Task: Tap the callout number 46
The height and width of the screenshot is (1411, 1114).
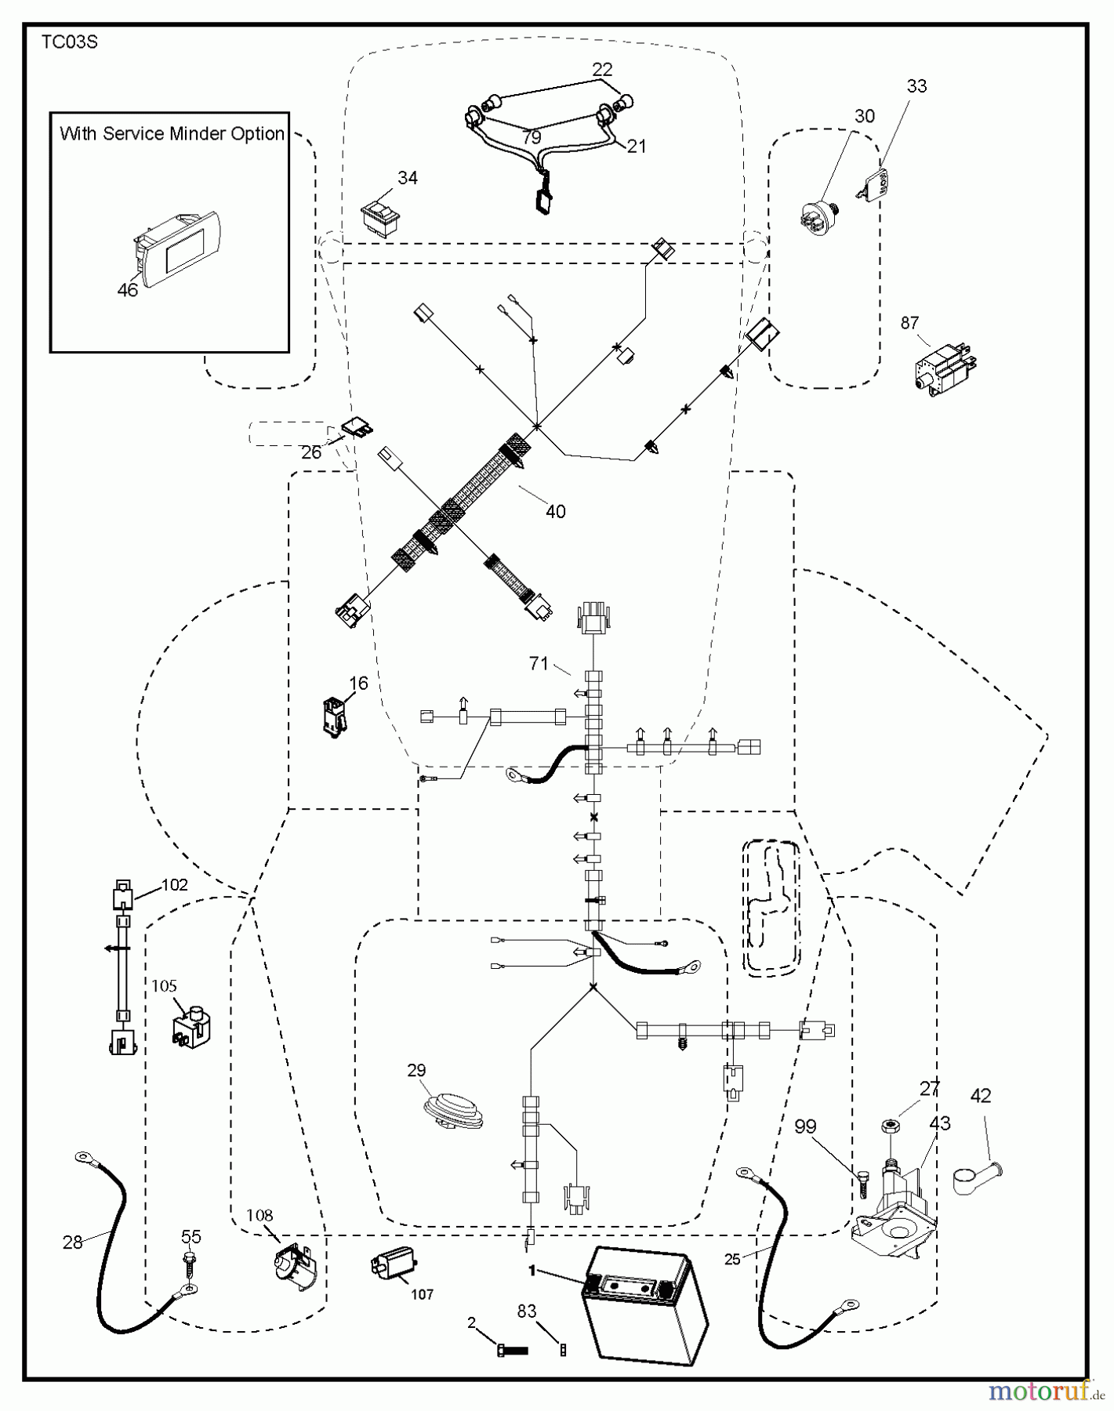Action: [x=127, y=290]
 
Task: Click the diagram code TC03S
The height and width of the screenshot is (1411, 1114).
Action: [x=69, y=42]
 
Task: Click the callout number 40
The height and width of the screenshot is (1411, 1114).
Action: [x=555, y=512]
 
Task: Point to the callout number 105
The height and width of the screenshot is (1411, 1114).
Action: [x=164, y=986]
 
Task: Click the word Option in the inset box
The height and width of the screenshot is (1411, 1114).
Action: [x=257, y=134]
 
